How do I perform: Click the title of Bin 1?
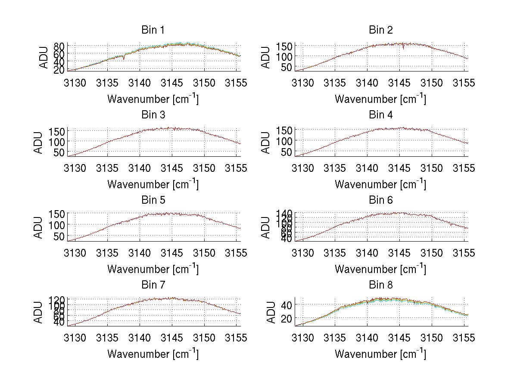coord(153,30)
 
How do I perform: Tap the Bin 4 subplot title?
coord(381,115)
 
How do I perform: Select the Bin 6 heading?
coord(381,200)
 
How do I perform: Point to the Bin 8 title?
coord(381,285)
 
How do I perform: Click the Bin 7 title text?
coord(153,285)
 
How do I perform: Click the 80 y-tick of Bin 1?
coord(59,46)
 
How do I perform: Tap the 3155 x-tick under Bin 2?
coord(464,83)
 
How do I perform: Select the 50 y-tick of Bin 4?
coord(287,152)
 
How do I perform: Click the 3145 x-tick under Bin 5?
coord(172,253)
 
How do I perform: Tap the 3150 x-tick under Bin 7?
coord(204,338)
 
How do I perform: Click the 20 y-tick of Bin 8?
coord(287,318)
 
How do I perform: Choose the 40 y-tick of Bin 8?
coord(287,305)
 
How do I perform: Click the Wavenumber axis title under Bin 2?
coord(380,99)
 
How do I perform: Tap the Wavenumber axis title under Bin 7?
coord(153,354)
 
